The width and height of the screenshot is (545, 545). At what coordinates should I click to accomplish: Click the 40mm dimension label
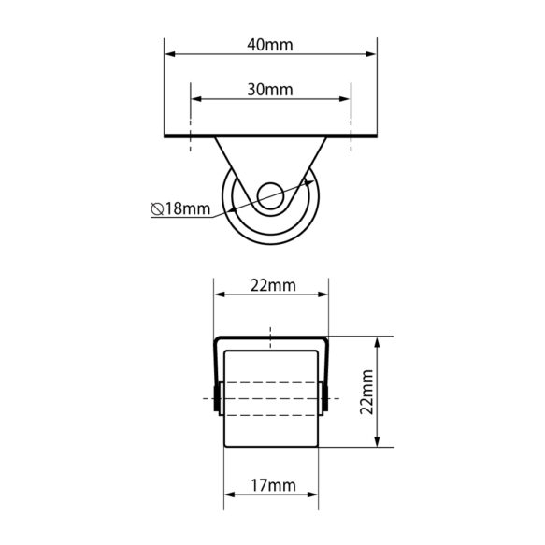coord(270,45)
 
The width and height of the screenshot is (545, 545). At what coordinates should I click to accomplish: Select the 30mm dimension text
coord(270,90)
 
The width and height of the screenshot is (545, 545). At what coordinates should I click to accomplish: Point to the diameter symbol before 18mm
coord(157,209)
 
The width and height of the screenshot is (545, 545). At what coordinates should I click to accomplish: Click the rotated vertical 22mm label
coord(366,392)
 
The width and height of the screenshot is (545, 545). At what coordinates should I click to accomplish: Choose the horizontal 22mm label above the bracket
coord(273,286)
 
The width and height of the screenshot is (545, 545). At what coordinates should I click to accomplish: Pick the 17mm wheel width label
coord(273,485)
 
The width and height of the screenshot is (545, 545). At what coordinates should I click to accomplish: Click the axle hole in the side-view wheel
coord(270,196)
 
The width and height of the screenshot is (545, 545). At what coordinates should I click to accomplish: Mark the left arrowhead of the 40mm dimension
coord(169,54)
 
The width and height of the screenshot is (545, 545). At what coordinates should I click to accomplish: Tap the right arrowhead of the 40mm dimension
coord(371,54)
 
